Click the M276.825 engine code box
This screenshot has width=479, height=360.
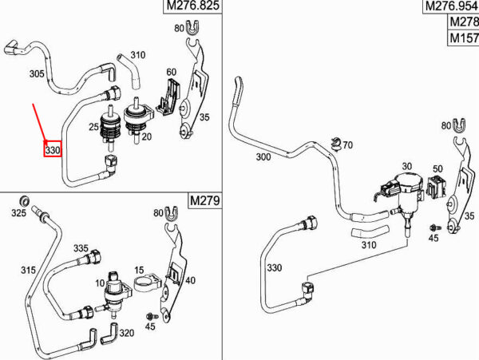(x=192, y=6)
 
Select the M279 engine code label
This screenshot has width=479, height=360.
(x=204, y=200)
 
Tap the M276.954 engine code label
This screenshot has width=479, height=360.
(x=451, y=6)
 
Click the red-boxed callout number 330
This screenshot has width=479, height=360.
(x=53, y=149)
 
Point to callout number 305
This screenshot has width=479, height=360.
(x=37, y=73)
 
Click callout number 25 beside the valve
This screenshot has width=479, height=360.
(x=93, y=127)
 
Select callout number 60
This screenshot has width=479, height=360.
(x=171, y=72)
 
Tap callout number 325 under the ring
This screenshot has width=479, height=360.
(x=18, y=213)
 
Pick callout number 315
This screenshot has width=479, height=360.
(x=28, y=270)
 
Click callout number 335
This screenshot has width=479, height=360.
(x=81, y=248)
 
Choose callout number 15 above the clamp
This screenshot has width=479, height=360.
(x=139, y=270)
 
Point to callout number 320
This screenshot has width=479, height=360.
(x=126, y=333)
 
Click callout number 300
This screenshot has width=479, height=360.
(x=263, y=157)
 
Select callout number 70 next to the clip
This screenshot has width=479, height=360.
(x=347, y=144)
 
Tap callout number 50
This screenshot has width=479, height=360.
(x=437, y=169)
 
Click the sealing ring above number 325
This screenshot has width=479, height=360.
(x=25, y=200)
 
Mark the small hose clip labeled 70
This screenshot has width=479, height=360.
(x=336, y=144)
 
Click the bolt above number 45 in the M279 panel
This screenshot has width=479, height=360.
(x=151, y=316)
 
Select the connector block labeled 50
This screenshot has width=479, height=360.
(x=436, y=186)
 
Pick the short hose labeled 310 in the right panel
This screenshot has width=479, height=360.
(x=370, y=232)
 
